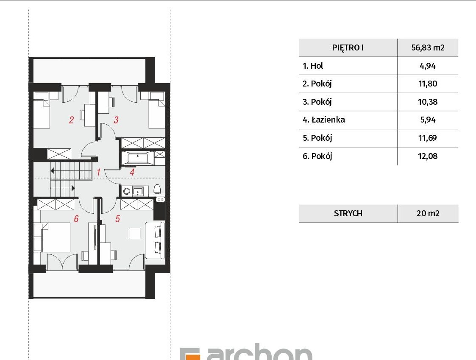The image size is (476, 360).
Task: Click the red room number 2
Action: (x=71, y=120)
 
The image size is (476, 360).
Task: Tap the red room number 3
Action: (x=115, y=120)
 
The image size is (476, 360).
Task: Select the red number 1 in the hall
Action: (x=98, y=172)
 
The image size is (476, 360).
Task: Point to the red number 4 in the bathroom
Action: (x=132, y=172)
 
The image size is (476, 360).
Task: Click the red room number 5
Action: (x=117, y=219)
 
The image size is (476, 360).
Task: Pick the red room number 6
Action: (x=76, y=219)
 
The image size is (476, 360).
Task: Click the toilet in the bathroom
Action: (x=157, y=189)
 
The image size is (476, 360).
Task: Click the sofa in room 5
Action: (x=155, y=240)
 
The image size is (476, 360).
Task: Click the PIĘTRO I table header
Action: (x=348, y=47)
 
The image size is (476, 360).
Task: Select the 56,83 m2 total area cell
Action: (x=428, y=47)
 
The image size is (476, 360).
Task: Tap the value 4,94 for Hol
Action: (x=428, y=66)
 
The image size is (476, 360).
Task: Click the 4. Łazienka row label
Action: (x=324, y=120)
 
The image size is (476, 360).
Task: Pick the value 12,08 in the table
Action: (x=428, y=156)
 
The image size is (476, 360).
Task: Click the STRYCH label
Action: (x=348, y=213)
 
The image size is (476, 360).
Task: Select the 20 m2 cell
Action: (x=428, y=213)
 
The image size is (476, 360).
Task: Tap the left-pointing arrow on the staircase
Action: (x=52, y=171)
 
